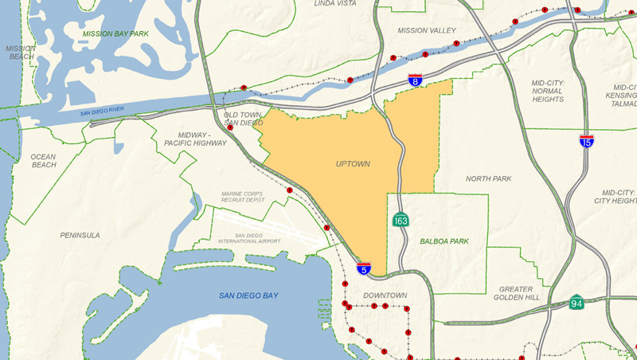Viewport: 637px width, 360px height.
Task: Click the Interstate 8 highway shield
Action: point(415,80)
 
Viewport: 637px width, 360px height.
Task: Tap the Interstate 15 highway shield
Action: point(586,140)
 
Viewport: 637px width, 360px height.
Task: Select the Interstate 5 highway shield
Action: point(363,268)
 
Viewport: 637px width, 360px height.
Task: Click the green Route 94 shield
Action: point(576,302)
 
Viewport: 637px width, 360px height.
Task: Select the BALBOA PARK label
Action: point(444,241)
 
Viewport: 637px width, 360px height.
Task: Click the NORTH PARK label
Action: point(488,178)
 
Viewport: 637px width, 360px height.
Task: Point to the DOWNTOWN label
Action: point(385,295)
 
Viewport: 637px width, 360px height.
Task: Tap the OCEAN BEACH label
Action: point(43,161)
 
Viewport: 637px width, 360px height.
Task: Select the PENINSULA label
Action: point(80,235)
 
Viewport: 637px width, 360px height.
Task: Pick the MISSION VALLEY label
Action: point(427,30)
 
